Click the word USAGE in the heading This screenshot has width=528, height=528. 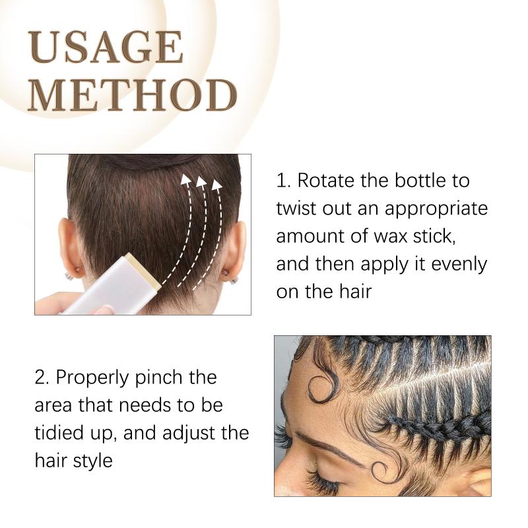(106, 47)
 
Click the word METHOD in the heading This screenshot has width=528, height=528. (133, 95)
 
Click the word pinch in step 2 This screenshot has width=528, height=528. (158, 378)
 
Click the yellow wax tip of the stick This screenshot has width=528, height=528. (144, 271)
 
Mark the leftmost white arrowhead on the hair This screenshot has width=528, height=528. (185, 179)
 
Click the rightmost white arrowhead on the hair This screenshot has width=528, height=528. (217, 185)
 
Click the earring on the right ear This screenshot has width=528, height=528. (234, 279)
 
